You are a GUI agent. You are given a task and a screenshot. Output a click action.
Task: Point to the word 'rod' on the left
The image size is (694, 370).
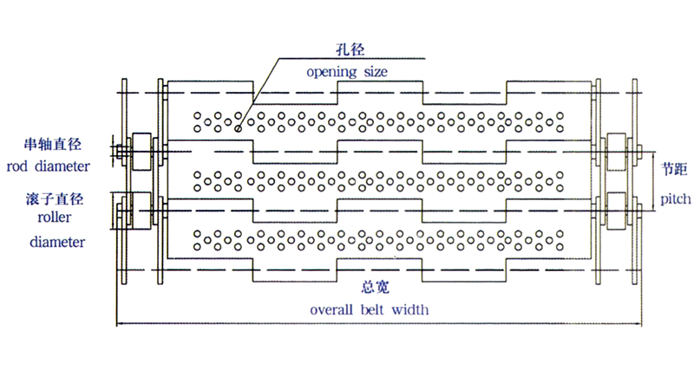pos(16,166)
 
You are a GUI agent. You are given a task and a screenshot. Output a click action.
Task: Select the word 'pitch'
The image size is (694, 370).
pos(674,198)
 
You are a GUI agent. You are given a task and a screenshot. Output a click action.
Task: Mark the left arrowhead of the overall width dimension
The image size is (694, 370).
pos(119,325)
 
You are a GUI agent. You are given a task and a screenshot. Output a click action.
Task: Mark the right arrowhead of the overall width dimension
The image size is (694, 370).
pos(640,325)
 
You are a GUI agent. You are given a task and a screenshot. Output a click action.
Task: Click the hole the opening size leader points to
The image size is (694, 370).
pos(239,126)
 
